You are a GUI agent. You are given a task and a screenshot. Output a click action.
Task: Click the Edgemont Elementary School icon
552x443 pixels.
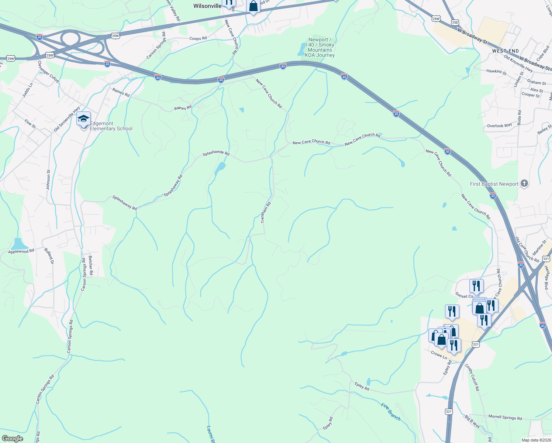[83, 119]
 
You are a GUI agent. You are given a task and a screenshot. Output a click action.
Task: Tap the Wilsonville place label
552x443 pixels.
[207, 6]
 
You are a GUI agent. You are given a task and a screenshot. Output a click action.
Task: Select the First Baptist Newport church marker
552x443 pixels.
[524, 183]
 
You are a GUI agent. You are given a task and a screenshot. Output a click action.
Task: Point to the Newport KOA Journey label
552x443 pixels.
[320, 48]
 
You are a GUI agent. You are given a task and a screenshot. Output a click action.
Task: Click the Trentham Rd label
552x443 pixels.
[266, 212]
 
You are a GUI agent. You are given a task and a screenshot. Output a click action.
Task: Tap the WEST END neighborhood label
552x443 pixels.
[505, 51]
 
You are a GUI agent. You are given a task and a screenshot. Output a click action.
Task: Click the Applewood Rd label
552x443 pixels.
[21, 251]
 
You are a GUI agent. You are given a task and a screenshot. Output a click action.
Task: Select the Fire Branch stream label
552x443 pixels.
[391, 412]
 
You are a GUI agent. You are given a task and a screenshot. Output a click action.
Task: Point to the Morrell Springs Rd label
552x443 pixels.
[505, 418]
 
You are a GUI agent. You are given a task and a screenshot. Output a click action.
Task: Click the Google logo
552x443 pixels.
[12, 439]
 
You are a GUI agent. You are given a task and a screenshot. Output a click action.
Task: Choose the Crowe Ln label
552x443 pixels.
[439, 355]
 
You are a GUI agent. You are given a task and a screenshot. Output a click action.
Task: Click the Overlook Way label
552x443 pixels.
[499, 126]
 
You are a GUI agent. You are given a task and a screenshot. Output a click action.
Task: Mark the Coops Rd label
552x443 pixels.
[198, 38]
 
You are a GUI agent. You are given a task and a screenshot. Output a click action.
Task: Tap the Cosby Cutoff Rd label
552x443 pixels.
[472, 377]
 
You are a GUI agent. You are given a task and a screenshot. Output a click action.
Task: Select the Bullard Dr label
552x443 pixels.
[49, 256]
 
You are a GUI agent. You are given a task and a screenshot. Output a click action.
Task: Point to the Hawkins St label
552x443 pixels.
[496, 72]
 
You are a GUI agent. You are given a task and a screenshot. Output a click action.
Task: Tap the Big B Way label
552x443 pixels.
[472, 421]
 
